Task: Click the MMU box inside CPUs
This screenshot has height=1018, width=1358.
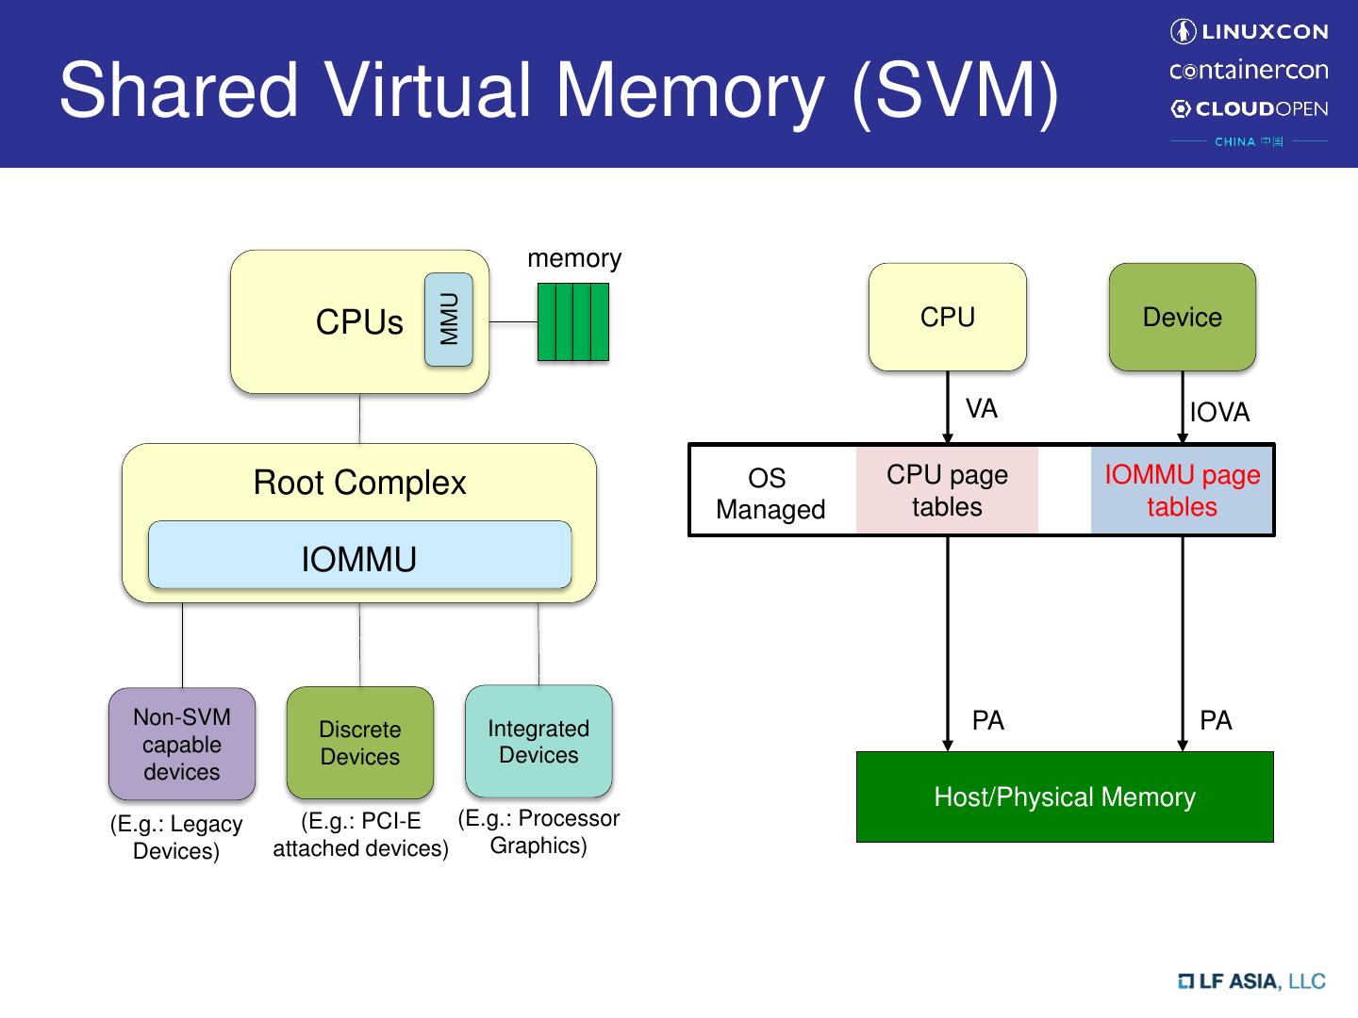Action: click(449, 320)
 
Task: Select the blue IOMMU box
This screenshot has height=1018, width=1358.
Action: click(359, 555)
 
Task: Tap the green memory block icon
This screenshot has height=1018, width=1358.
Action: click(572, 322)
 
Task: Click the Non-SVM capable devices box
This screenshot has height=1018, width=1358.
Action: click(182, 744)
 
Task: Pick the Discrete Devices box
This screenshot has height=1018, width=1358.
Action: click(359, 743)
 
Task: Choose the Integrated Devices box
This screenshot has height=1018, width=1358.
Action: click(538, 741)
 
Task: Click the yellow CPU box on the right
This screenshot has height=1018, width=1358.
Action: click(947, 317)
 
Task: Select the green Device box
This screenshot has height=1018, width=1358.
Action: click(1182, 317)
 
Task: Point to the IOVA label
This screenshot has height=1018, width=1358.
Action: click(1219, 413)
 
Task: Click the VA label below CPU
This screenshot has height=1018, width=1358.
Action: click(981, 408)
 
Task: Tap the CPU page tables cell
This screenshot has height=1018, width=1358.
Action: click(947, 490)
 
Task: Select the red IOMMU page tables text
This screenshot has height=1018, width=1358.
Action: click(1182, 490)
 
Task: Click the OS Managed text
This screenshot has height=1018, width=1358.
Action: click(770, 493)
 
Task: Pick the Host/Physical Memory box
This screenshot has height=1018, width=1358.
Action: click(1065, 796)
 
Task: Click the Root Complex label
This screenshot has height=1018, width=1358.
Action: click(359, 483)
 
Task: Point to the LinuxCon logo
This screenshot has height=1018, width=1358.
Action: click(1249, 32)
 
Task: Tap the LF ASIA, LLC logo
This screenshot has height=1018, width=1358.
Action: click(1251, 981)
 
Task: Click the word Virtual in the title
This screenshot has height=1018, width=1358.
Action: click(430, 90)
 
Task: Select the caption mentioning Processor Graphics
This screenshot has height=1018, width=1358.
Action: click(538, 831)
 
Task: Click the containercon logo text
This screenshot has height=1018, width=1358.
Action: click(1249, 71)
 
